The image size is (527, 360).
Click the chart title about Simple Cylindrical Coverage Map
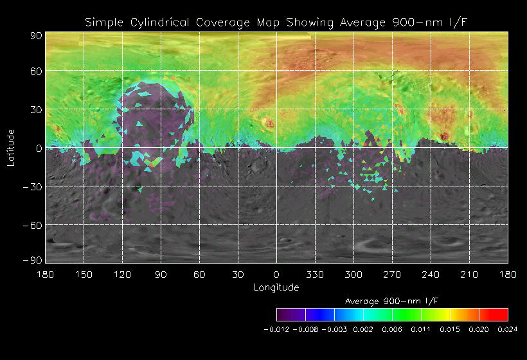pos(276,22)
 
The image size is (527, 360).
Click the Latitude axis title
pos(10,148)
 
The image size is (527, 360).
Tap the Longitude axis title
pos(276,287)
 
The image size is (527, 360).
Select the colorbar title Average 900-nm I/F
pos(392,301)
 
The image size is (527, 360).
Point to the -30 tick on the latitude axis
pos(33,186)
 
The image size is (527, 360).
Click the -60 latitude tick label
pos(33,225)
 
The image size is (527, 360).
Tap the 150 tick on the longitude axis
pos(84,274)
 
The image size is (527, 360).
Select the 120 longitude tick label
pos(122,274)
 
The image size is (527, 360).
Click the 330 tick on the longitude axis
pos(315,274)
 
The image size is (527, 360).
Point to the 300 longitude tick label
pos(353,274)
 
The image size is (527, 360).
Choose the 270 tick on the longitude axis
pos(392,274)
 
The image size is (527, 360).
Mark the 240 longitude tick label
pos(431,274)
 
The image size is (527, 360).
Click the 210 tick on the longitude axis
pos(469,274)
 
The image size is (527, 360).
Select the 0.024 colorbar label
pos(508,329)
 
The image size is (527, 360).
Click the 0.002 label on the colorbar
pos(363,329)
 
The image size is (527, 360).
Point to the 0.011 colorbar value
pos(421,329)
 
